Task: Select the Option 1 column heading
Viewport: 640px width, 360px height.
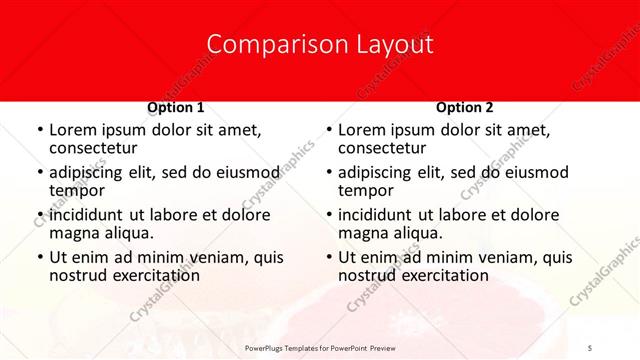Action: pyautogui.click(x=175, y=107)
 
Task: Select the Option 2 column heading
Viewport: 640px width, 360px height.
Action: pyautogui.click(x=464, y=107)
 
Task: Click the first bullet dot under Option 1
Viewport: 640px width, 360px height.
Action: pyautogui.click(x=39, y=130)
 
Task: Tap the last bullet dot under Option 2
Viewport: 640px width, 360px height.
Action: pyautogui.click(x=328, y=258)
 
